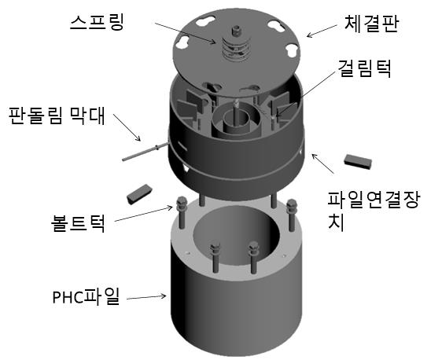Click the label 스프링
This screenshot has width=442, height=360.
[97, 23]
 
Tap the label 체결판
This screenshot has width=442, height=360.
[371, 24]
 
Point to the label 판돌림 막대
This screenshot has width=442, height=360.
[57, 116]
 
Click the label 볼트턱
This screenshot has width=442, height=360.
[79, 223]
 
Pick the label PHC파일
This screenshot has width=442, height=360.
[86, 296]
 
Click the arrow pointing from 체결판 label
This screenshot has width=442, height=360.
[322, 31]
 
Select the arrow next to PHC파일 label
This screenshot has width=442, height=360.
[146, 297]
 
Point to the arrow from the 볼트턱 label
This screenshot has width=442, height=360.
[143, 214]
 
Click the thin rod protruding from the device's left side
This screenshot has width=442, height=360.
[145, 152]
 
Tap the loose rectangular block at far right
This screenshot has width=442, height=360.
[358, 161]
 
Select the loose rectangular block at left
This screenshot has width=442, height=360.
[139, 194]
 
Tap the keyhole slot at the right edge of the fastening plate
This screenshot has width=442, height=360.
[291, 50]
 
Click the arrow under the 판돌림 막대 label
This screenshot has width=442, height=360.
[127, 127]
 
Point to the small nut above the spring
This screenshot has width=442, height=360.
[236, 30]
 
